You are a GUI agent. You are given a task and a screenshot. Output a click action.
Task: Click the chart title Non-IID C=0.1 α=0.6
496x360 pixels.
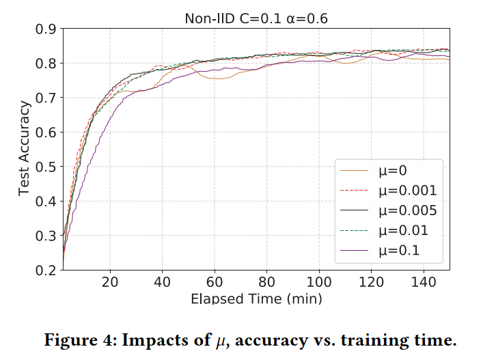pyautogui.click(x=256, y=19)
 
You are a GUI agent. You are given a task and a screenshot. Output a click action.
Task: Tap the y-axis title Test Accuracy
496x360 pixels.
pyautogui.click(x=25, y=149)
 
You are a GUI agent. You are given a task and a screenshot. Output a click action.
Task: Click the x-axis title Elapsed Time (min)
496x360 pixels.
pyautogui.click(x=256, y=299)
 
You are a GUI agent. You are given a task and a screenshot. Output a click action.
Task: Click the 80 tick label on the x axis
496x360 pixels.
pyautogui.click(x=267, y=282)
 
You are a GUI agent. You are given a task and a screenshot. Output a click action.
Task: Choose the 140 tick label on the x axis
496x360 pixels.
pyautogui.click(x=423, y=282)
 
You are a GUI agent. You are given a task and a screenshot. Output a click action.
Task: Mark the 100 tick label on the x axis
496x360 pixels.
pyautogui.click(x=319, y=282)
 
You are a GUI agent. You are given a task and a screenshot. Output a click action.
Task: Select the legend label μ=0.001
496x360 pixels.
pyautogui.click(x=407, y=190)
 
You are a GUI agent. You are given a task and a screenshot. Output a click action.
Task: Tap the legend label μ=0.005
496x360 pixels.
pyautogui.click(x=407, y=210)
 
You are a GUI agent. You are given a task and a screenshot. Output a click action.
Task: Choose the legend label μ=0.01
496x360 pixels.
pyautogui.click(x=402, y=231)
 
